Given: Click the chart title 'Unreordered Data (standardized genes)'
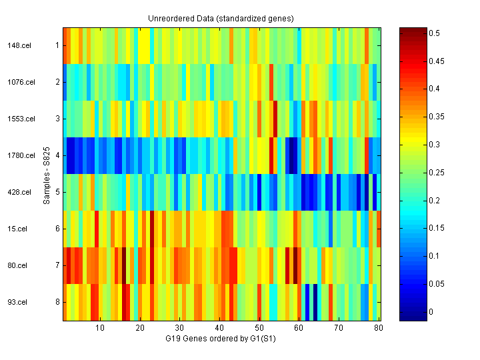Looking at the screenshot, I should click(221, 18).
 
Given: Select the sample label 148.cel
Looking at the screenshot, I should click(17, 45).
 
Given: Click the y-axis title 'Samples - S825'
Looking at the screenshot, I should click(47, 175).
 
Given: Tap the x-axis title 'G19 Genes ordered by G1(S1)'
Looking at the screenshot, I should click(221, 339).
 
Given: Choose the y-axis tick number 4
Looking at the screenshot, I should click(57, 155).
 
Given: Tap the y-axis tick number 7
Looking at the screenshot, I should click(57, 265).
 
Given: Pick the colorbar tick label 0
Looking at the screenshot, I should click(431, 311).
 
